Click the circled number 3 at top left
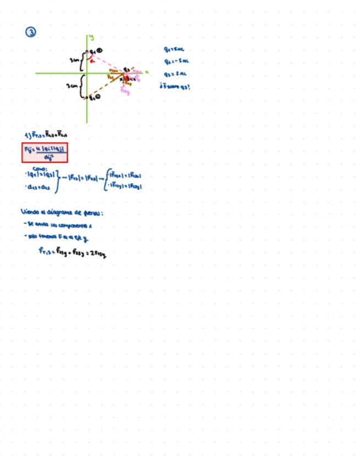(31, 32)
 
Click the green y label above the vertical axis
(92, 37)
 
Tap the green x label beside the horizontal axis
(147, 71)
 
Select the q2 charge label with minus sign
(94, 98)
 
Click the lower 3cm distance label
(72, 86)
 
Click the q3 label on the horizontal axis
(126, 69)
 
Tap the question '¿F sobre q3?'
(174, 86)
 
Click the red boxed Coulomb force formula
(45, 152)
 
